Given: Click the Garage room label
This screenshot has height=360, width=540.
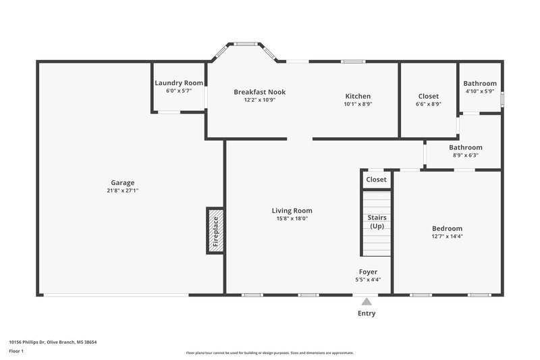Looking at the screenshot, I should click(123, 182).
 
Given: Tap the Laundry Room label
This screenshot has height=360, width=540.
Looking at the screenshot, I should click(179, 83).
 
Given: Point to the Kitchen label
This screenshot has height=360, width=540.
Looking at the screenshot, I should click(358, 96).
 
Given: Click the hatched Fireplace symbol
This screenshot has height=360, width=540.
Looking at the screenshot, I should click(215, 230).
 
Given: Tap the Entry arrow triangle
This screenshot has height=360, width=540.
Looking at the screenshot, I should click(367, 302).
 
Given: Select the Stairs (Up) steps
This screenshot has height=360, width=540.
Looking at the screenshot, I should click(377, 223).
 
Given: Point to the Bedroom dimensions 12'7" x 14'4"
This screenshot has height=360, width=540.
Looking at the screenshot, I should click(447, 236).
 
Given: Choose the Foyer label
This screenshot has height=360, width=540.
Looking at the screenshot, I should click(368, 272).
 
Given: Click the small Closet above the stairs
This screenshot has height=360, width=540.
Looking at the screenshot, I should click(376, 180).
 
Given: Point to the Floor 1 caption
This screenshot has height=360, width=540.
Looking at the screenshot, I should click(16, 351).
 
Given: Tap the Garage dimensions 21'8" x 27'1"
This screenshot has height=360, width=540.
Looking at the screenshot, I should click(123, 190).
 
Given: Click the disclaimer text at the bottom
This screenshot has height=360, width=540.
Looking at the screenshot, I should click(270, 353).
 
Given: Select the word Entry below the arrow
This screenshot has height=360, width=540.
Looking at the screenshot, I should click(367, 313).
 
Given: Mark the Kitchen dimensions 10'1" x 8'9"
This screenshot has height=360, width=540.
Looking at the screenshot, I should click(358, 104).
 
